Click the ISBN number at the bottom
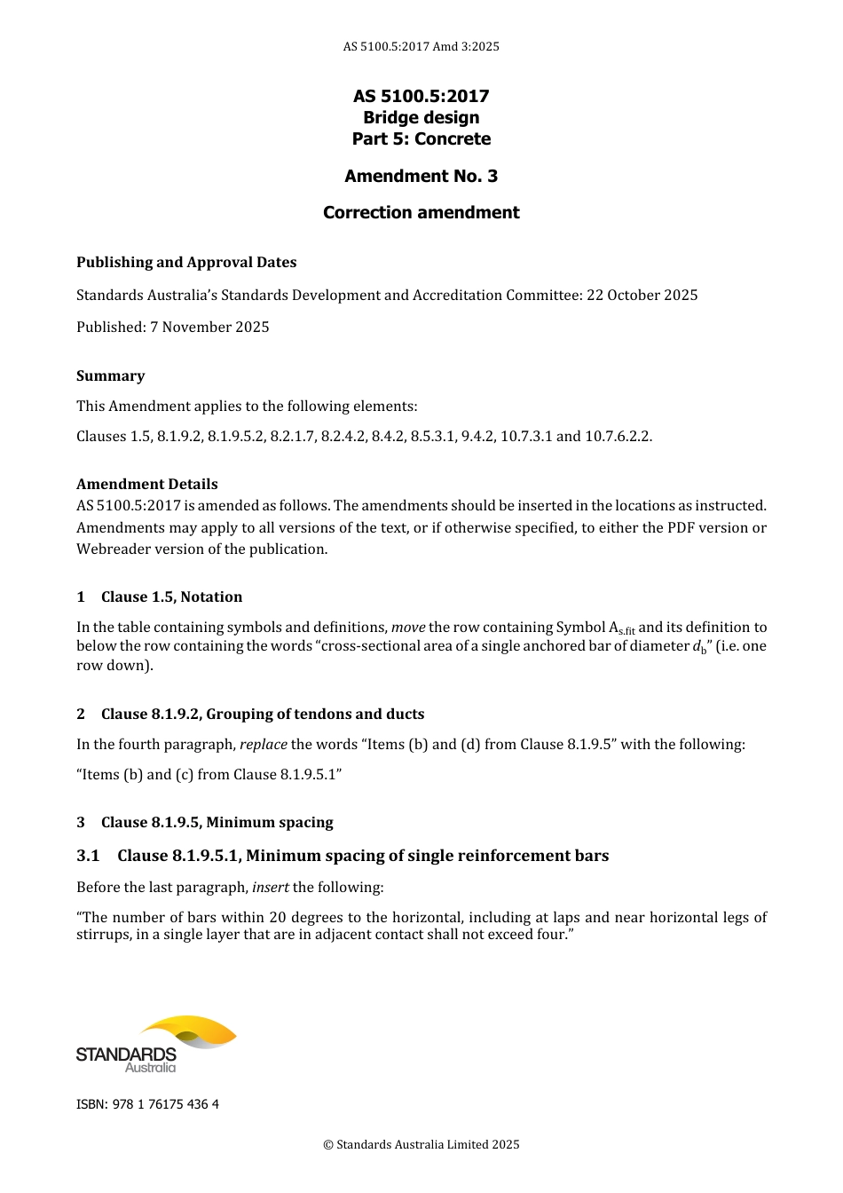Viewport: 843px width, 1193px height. pos(147,1104)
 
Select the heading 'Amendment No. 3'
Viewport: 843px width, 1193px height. pos(421,176)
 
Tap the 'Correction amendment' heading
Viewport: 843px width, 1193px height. pos(421,212)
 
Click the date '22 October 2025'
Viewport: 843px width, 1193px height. pos(642,295)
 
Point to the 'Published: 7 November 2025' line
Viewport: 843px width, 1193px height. pos(172,327)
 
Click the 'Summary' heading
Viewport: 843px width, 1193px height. pos(110,375)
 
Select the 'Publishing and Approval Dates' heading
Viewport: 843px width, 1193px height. pos(186,262)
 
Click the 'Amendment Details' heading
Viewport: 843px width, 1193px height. pos(146,484)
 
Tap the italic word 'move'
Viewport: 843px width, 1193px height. pos(408,627)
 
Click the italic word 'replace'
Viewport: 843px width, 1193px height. pos(263,744)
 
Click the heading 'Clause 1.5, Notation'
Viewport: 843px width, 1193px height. pos(171,596)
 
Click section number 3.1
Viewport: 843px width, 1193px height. pos(88,856)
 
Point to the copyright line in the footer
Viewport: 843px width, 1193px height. pos(421,1144)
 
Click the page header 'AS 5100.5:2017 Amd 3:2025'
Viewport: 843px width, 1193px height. pos(421,46)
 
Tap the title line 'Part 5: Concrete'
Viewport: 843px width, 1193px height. pos(421,138)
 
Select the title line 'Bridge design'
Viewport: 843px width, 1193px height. pos(421,117)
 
